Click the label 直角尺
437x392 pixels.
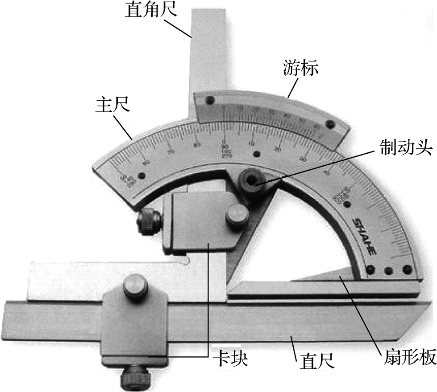click(x=151, y=10)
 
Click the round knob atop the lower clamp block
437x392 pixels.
click(x=136, y=287)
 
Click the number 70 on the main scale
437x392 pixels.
click(x=170, y=151)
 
